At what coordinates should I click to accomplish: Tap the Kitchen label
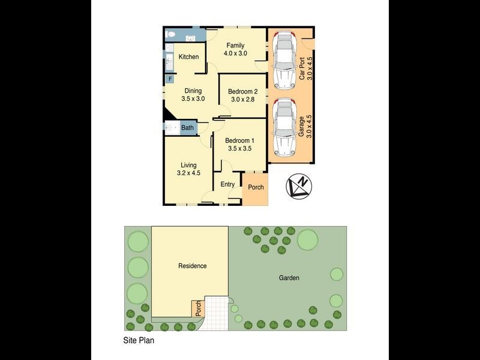pos(188,57)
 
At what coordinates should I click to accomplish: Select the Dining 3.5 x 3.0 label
pos(193,95)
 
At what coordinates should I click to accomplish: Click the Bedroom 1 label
pos(238,144)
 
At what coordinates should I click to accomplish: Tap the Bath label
pos(188,128)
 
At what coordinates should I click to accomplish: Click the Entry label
pos(227,184)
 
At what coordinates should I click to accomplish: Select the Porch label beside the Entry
pos(256,187)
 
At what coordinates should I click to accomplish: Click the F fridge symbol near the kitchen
pos(170,79)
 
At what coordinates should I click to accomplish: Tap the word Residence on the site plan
pos(192,266)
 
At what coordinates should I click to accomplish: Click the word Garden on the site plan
pos(289,278)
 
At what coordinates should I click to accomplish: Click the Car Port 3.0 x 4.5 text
pos(306,68)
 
